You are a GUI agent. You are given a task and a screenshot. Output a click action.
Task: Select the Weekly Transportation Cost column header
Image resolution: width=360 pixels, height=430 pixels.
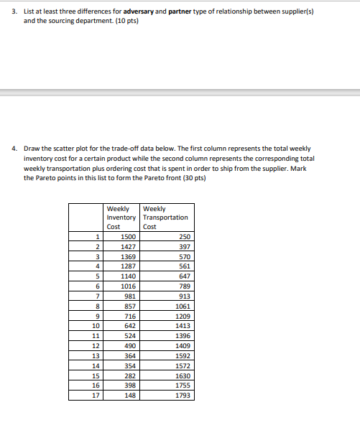coord(165,217)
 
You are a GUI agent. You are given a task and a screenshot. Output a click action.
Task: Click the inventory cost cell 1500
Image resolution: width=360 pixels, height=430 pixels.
coord(128,236)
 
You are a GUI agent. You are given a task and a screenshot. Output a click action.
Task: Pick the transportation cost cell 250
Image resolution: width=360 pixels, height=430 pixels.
coord(185,236)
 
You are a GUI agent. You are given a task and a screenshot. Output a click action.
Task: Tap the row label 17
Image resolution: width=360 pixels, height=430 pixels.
coord(93,394)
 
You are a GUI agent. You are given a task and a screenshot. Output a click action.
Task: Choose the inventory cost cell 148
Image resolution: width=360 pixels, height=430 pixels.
coord(130,394)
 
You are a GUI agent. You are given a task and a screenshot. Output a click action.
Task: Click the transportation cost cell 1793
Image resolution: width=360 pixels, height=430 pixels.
coord(183,394)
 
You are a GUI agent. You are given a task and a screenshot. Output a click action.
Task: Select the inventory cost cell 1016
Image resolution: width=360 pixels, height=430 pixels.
coord(128,286)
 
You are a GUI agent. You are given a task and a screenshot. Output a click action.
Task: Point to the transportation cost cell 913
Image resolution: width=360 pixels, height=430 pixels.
coord(185,295)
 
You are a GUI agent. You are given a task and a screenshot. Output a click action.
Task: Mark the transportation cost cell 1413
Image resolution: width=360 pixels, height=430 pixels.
coord(183,325)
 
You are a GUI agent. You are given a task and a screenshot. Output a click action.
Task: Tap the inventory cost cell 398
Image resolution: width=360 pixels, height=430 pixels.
coord(130,385)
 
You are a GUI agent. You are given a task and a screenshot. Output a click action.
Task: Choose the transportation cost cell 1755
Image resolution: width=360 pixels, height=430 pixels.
coord(183,385)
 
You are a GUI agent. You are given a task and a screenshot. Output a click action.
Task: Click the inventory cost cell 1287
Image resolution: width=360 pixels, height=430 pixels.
coord(128,266)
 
